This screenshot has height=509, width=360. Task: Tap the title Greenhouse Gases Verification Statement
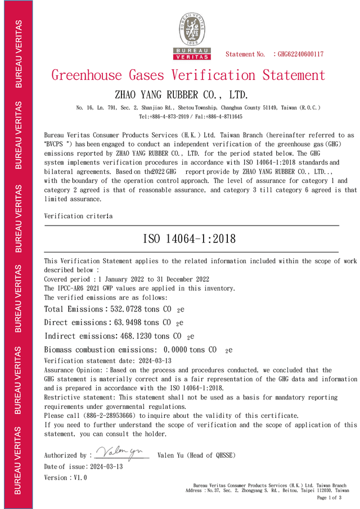188,75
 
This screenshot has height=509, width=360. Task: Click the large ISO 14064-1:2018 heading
190,238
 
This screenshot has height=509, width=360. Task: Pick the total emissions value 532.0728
131,309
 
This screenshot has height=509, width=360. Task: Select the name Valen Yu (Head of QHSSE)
196,455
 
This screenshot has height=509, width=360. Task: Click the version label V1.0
80,478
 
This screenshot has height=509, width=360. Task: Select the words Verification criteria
78,216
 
